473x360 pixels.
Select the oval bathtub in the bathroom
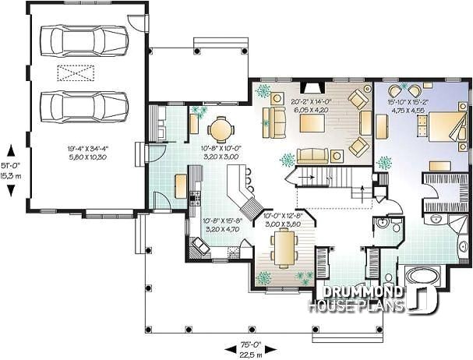coord(423,276)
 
